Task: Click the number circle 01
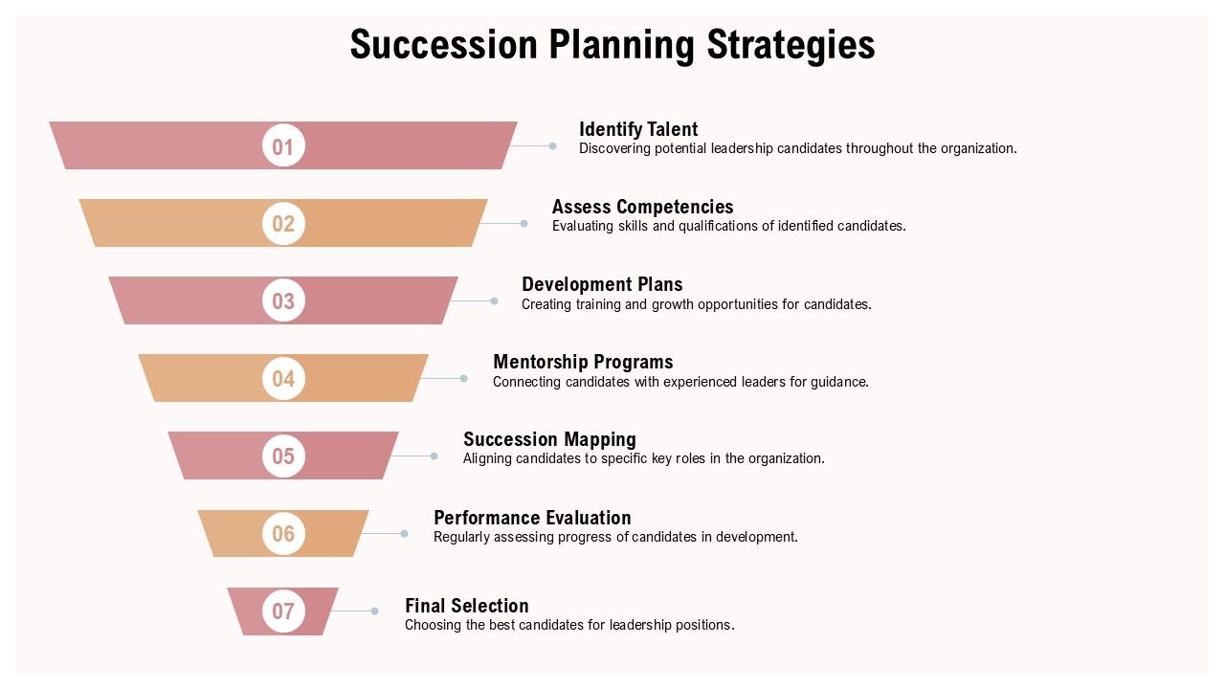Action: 283,146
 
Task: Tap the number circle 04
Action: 283,378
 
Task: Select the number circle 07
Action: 283,611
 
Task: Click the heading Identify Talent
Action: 638,129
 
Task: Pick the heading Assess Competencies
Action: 642,207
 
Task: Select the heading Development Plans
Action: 602,284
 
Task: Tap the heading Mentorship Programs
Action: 583,362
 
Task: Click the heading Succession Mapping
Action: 549,439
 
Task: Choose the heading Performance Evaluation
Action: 532,518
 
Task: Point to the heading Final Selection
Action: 466,606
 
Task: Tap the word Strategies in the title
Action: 791,45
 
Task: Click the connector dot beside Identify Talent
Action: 552,145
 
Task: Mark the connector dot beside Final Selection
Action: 375,611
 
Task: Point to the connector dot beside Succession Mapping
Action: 434,456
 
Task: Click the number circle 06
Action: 283,533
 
